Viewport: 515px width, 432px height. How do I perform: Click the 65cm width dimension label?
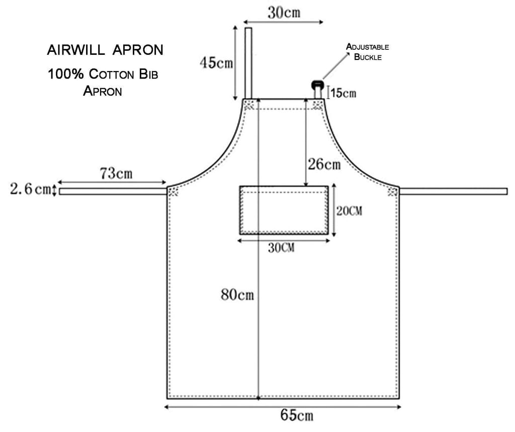pyautogui.click(x=297, y=415)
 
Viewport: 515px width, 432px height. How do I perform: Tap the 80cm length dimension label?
pyautogui.click(x=237, y=295)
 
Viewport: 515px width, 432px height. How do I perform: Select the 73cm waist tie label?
pyautogui.click(x=116, y=174)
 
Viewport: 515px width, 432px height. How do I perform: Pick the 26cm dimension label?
pyautogui.click(x=324, y=164)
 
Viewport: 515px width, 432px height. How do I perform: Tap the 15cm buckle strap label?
pyautogui.click(x=343, y=93)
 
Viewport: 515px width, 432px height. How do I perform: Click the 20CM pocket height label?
pyautogui.click(x=349, y=211)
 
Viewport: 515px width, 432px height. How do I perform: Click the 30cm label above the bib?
pyautogui.click(x=284, y=13)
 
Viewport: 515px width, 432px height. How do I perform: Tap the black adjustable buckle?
pyautogui.click(x=317, y=84)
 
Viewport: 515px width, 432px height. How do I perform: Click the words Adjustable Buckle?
pyautogui.click(x=368, y=52)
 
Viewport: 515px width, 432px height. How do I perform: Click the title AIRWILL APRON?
pyautogui.click(x=105, y=50)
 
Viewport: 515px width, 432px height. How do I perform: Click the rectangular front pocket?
pyautogui.click(x=284, y=210)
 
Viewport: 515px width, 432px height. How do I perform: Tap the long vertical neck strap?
pyautogui.click(x=248, y=63)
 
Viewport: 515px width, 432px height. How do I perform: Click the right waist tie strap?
pyautogui.click(x=453, y=191)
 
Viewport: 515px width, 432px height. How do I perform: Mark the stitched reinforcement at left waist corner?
pyautogui.click(x=173, y=191)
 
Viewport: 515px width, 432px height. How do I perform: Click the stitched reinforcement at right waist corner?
pyautogui.click(x=393, y=191)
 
